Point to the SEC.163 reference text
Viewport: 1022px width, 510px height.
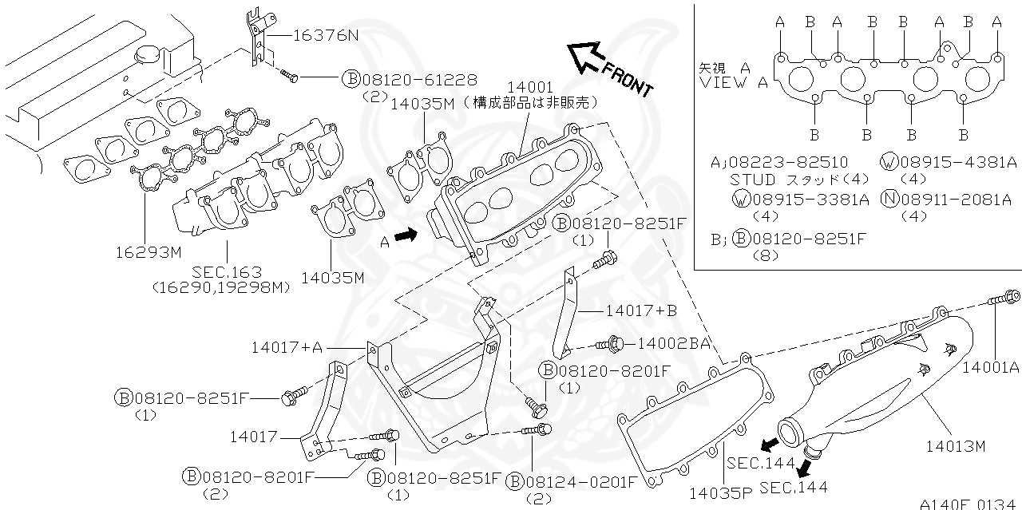tap(227, 272)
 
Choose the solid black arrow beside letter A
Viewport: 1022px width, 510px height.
tap(406, 235)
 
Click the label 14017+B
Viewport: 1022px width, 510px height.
tap(641, 310)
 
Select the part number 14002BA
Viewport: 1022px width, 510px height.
tap(673, 343)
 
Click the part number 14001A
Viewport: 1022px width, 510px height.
tap(991, 367)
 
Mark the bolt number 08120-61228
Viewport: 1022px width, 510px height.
tap(420, 79)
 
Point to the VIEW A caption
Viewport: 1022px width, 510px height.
tap(733, 82)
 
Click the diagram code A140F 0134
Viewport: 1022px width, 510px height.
tap(969, 504)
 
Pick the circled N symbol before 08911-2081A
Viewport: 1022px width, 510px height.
tap(889, 200)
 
